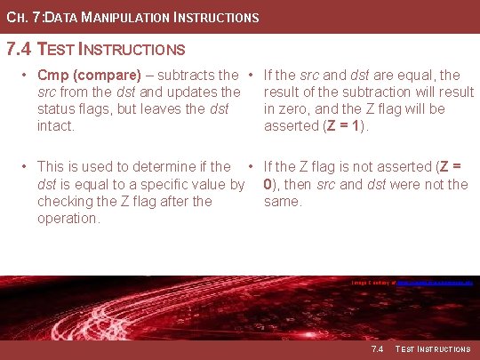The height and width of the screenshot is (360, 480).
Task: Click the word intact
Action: (x=56, y=126)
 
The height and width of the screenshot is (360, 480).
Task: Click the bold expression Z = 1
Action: (x=343, y=126)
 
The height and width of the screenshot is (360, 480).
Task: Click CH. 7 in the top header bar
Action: (x=21, y=17)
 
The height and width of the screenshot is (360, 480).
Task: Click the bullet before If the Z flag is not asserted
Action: (x=252, y=166)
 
